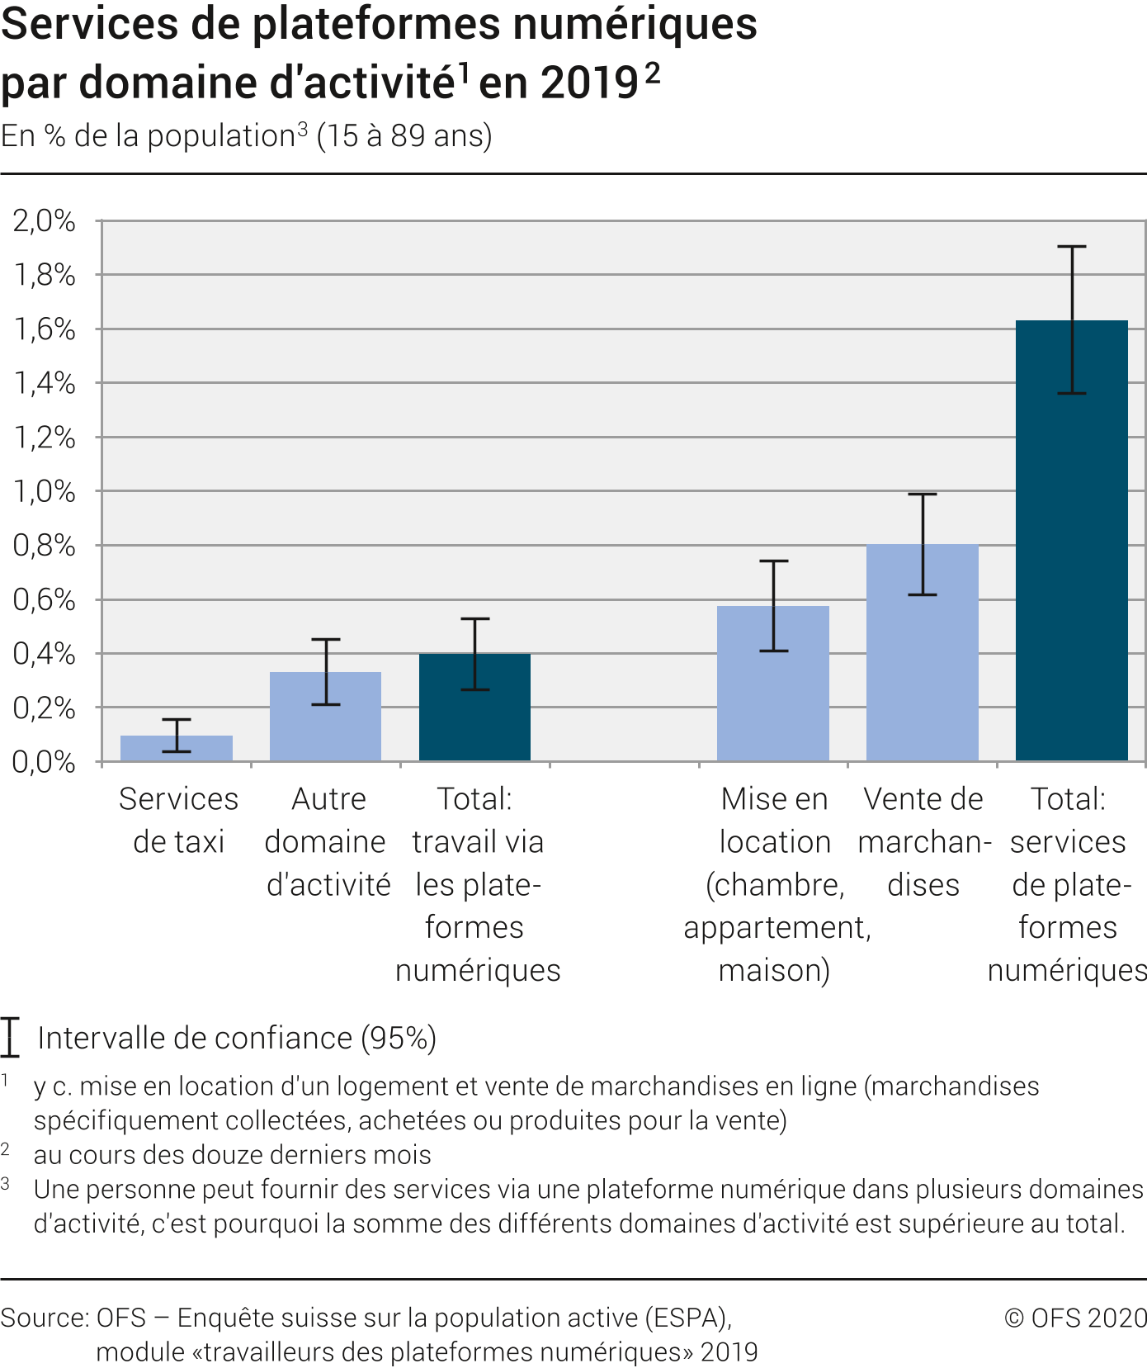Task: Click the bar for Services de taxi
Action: [x=177, y=748]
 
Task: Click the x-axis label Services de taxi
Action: [x=178, y=820]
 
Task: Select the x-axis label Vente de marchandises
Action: [x=923, y=841]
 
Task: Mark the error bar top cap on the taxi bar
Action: [x=177, y=720]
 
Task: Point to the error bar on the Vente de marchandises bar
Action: [x=923, y=544]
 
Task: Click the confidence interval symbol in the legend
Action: [x=10, y=1038]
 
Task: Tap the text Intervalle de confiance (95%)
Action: [x=237, y=1038]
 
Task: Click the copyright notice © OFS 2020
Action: [x=1075, y=1318]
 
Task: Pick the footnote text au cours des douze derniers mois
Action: [x=232, y=1154]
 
